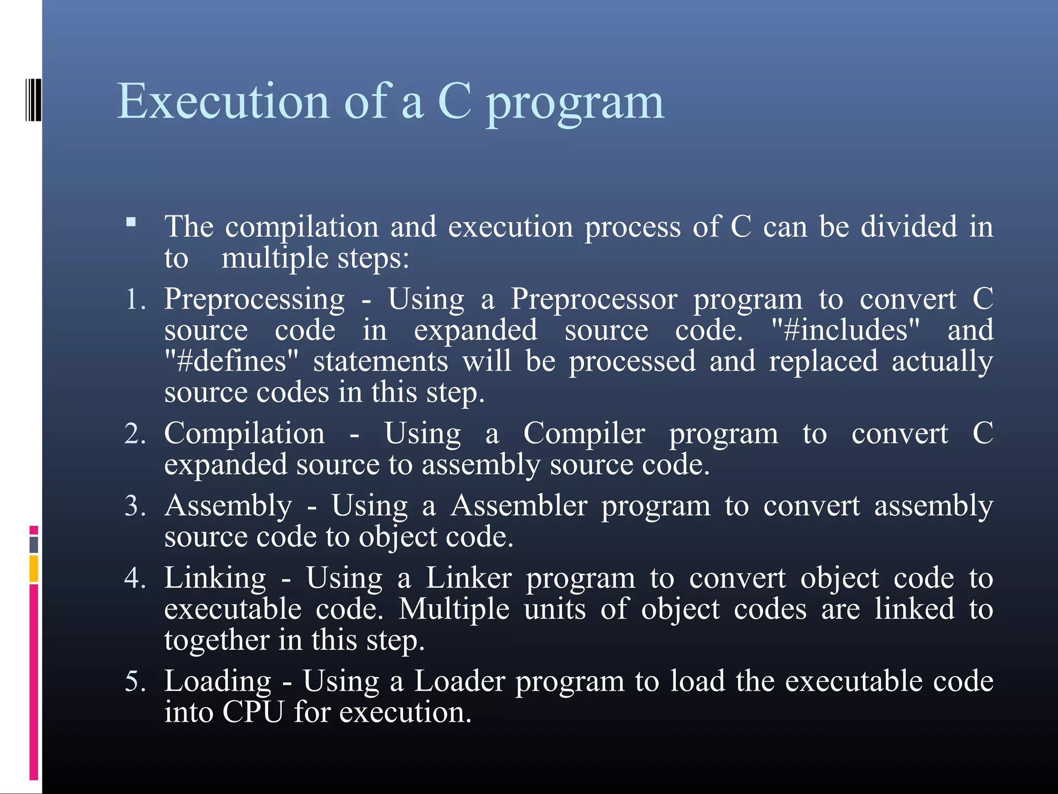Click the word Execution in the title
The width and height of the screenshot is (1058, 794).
[x=223, y=101]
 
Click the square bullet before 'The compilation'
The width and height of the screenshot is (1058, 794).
[x=131, y=222]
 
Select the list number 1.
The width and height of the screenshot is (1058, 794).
[x=135, y=300]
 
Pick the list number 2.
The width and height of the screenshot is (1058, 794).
[x=135, y=434]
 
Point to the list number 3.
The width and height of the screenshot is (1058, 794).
[x=135, y=506]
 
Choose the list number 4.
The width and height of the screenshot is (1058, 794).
[x=135, y=578]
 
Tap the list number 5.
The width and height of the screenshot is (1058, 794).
[x=135, y=681]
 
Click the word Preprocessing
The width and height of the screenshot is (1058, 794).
[x=254, y=300]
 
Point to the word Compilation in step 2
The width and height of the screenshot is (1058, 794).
[x=244, y=434]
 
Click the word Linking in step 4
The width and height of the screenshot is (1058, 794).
[x=215, y=578]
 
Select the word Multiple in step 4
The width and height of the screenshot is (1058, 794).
[x=454, y=609]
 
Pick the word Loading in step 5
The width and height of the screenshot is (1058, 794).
[x=217, y=681]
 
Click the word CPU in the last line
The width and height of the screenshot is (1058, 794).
[x=253, y=712]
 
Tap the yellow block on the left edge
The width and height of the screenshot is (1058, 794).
[x=34, y=569]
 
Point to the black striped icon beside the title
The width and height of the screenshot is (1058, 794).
[x=34, y=100]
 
